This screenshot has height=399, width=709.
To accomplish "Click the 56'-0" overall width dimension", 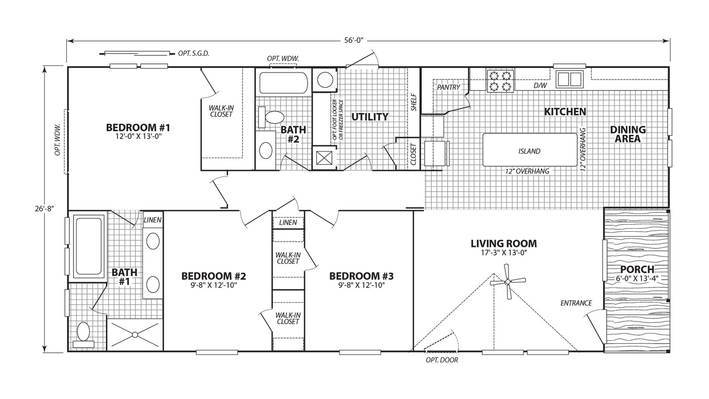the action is (x=354, y=41).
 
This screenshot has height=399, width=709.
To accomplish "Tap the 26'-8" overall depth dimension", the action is (x=44, y=209).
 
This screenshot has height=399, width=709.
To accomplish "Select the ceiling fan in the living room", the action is (x=508, y=281).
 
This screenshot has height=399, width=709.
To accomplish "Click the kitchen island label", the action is (x=529, y=152).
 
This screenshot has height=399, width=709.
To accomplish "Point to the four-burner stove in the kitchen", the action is (x=501, y=81).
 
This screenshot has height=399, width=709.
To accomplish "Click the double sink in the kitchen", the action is (x=570, y=79).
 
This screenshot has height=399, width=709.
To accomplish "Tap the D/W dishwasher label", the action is (x=540, y=86).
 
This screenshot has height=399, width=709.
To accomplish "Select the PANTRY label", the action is (x=448, y=87).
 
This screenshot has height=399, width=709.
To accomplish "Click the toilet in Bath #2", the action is (x=271, y=118).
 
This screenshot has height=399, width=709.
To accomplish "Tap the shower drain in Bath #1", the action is (x=135, y=335).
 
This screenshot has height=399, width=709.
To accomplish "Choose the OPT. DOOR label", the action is (x=442, y=360).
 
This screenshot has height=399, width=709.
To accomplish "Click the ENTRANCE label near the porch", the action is (x=576, y=303).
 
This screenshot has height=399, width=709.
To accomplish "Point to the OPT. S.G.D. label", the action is (x=194, y=53).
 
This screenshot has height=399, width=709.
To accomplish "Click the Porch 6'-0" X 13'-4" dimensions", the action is (x=637, y=279).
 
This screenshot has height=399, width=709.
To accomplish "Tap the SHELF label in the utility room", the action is (x=414, y=102).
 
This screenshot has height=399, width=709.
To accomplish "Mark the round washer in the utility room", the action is (x=325, y=80).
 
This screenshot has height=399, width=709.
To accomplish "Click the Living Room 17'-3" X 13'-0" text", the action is (x=504, y=252).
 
